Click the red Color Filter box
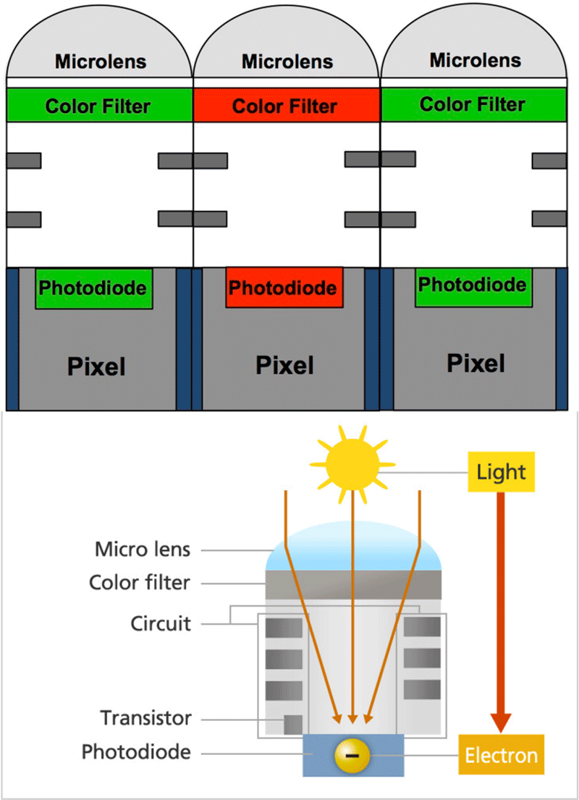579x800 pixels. coord(286,106)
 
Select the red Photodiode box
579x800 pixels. coord(284,287)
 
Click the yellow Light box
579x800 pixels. coord(501,472)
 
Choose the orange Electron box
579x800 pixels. coord(501,756)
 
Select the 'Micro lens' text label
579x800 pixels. coord(143,550)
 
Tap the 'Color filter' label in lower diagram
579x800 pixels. coord(140,583)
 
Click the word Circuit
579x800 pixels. coord(161,623)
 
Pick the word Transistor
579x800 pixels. coord(146,718)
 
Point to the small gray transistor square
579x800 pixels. coord(292,724)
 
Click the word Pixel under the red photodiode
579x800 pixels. coord(284,365)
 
